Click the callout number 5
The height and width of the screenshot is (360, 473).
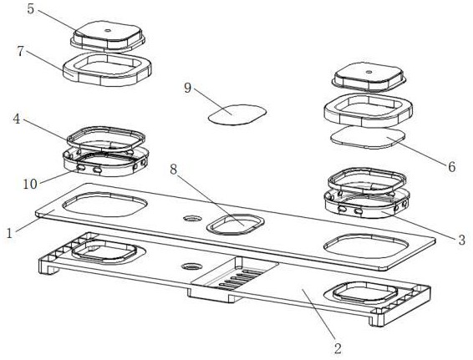31,8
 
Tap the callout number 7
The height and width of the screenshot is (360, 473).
20,51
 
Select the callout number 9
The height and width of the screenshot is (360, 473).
188,88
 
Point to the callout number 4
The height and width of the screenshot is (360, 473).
17,119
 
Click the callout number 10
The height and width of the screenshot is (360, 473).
30,184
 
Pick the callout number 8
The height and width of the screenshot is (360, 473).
173,170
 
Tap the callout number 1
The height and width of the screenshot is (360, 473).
10,233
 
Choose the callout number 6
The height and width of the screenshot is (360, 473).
451,166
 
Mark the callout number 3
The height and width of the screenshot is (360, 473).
461,240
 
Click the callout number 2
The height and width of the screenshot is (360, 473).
338,348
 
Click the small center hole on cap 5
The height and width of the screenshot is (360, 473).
108,30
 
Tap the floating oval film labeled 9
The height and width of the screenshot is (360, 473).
237,114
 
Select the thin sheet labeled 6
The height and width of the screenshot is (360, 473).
368,137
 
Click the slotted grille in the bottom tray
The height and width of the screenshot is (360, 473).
242,280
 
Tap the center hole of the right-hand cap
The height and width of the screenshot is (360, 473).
369,72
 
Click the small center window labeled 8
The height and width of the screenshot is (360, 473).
236,225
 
